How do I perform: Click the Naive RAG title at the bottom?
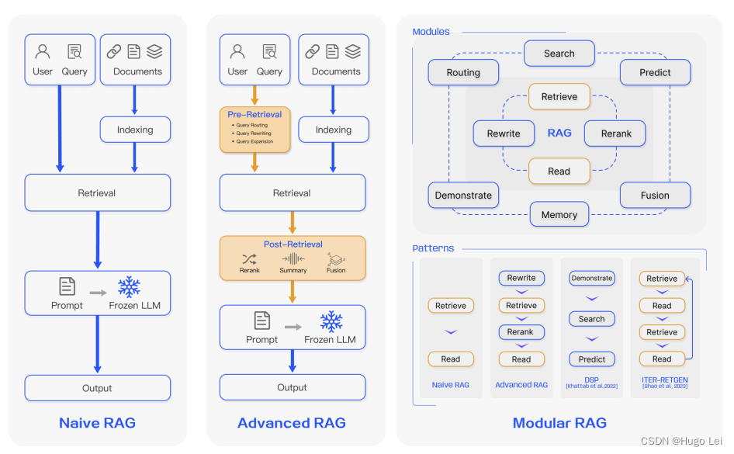pyautogui.click(x=97, y=423)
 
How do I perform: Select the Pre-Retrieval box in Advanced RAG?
pyautogui.click(x=255, y=129)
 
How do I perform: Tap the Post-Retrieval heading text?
pyautogui.click(x=293, y=244)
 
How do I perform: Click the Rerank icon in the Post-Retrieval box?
pyautogui.click(x=250, y=259)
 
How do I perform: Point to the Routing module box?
pyautogui.click(x=463, y=73)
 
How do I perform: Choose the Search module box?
pyautogui.click(x=559, y=54)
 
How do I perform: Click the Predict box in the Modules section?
pyautogui.click(x=655, y=73)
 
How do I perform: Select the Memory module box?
pyautogui.click(x=559, y=215)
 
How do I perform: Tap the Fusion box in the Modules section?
pyautogui.click(x=655, y=196)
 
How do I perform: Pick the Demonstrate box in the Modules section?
pyautogui.click(x=463, y=196)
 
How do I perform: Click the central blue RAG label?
pyautogui.click(x=559, y=133)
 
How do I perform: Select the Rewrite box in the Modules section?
pyautogui.click(x=504, y=133)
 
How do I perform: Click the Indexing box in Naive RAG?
pyautogui.click(x=135, y=130)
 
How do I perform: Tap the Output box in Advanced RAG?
pyautogui.click(x=293, y=387)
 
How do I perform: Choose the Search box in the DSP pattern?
pyautogui.click(x=591, y=319)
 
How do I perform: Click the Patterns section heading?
pyautogui.click(x=433, y=248)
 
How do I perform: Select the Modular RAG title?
pyautogui.click(x=559, y=423)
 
